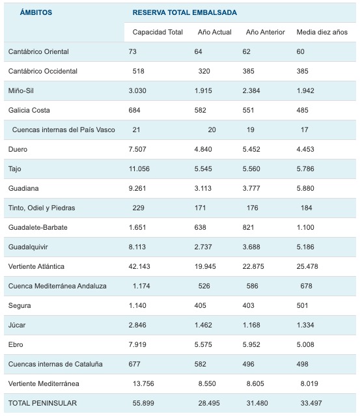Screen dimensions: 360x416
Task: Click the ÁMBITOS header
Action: coord(36,12)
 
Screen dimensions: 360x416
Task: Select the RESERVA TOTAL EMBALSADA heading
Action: coord(185,12)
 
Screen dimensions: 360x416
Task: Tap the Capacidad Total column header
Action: coord(158,32)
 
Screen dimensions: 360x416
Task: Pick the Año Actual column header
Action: coord(215,32)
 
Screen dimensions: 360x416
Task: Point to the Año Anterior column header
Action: coord(266,32)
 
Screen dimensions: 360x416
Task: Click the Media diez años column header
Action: coord(322,32)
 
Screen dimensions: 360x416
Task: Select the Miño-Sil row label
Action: coord(21,90)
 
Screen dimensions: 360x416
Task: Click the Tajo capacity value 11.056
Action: coord(139,169)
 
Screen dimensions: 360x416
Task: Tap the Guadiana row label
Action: coord(23,188)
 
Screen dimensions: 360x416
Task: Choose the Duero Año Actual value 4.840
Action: coord(203,149)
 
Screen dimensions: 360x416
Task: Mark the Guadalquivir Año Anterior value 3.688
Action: coord(251,247)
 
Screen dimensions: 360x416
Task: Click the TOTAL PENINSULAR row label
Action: coord(42,403)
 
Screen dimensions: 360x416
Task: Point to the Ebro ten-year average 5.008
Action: coord(305,344)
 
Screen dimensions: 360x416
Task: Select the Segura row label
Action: coord(20,305)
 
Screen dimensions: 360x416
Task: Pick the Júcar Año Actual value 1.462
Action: coord(203,325)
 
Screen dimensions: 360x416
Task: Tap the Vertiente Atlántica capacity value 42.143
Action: coord(139,266)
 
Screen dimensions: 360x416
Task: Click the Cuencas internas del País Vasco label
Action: coord(63,130)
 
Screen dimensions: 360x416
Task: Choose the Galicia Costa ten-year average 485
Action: coord(303,111)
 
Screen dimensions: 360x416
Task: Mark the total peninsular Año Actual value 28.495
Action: coord(209,403)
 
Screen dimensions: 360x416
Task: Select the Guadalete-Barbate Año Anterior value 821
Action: coord(248,227)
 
